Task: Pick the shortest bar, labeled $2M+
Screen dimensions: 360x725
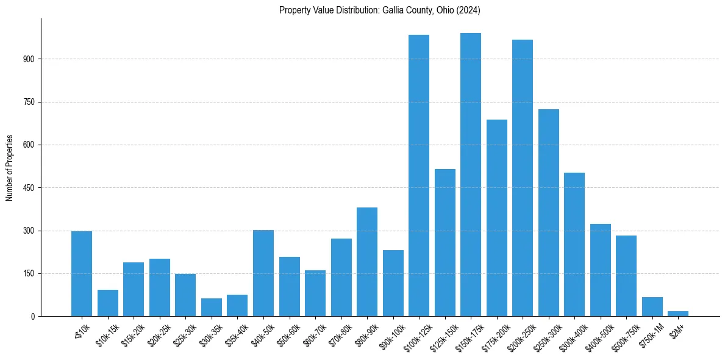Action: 678,314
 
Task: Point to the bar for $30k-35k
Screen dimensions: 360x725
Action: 212,308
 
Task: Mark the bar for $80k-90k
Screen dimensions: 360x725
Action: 367,262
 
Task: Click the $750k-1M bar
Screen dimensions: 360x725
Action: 652,307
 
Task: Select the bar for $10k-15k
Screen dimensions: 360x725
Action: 108,303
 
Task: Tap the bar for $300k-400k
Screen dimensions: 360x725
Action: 574,245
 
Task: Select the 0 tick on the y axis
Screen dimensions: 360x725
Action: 35,317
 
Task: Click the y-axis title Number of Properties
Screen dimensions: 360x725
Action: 10,167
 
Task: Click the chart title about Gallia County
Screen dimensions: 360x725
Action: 380,10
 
